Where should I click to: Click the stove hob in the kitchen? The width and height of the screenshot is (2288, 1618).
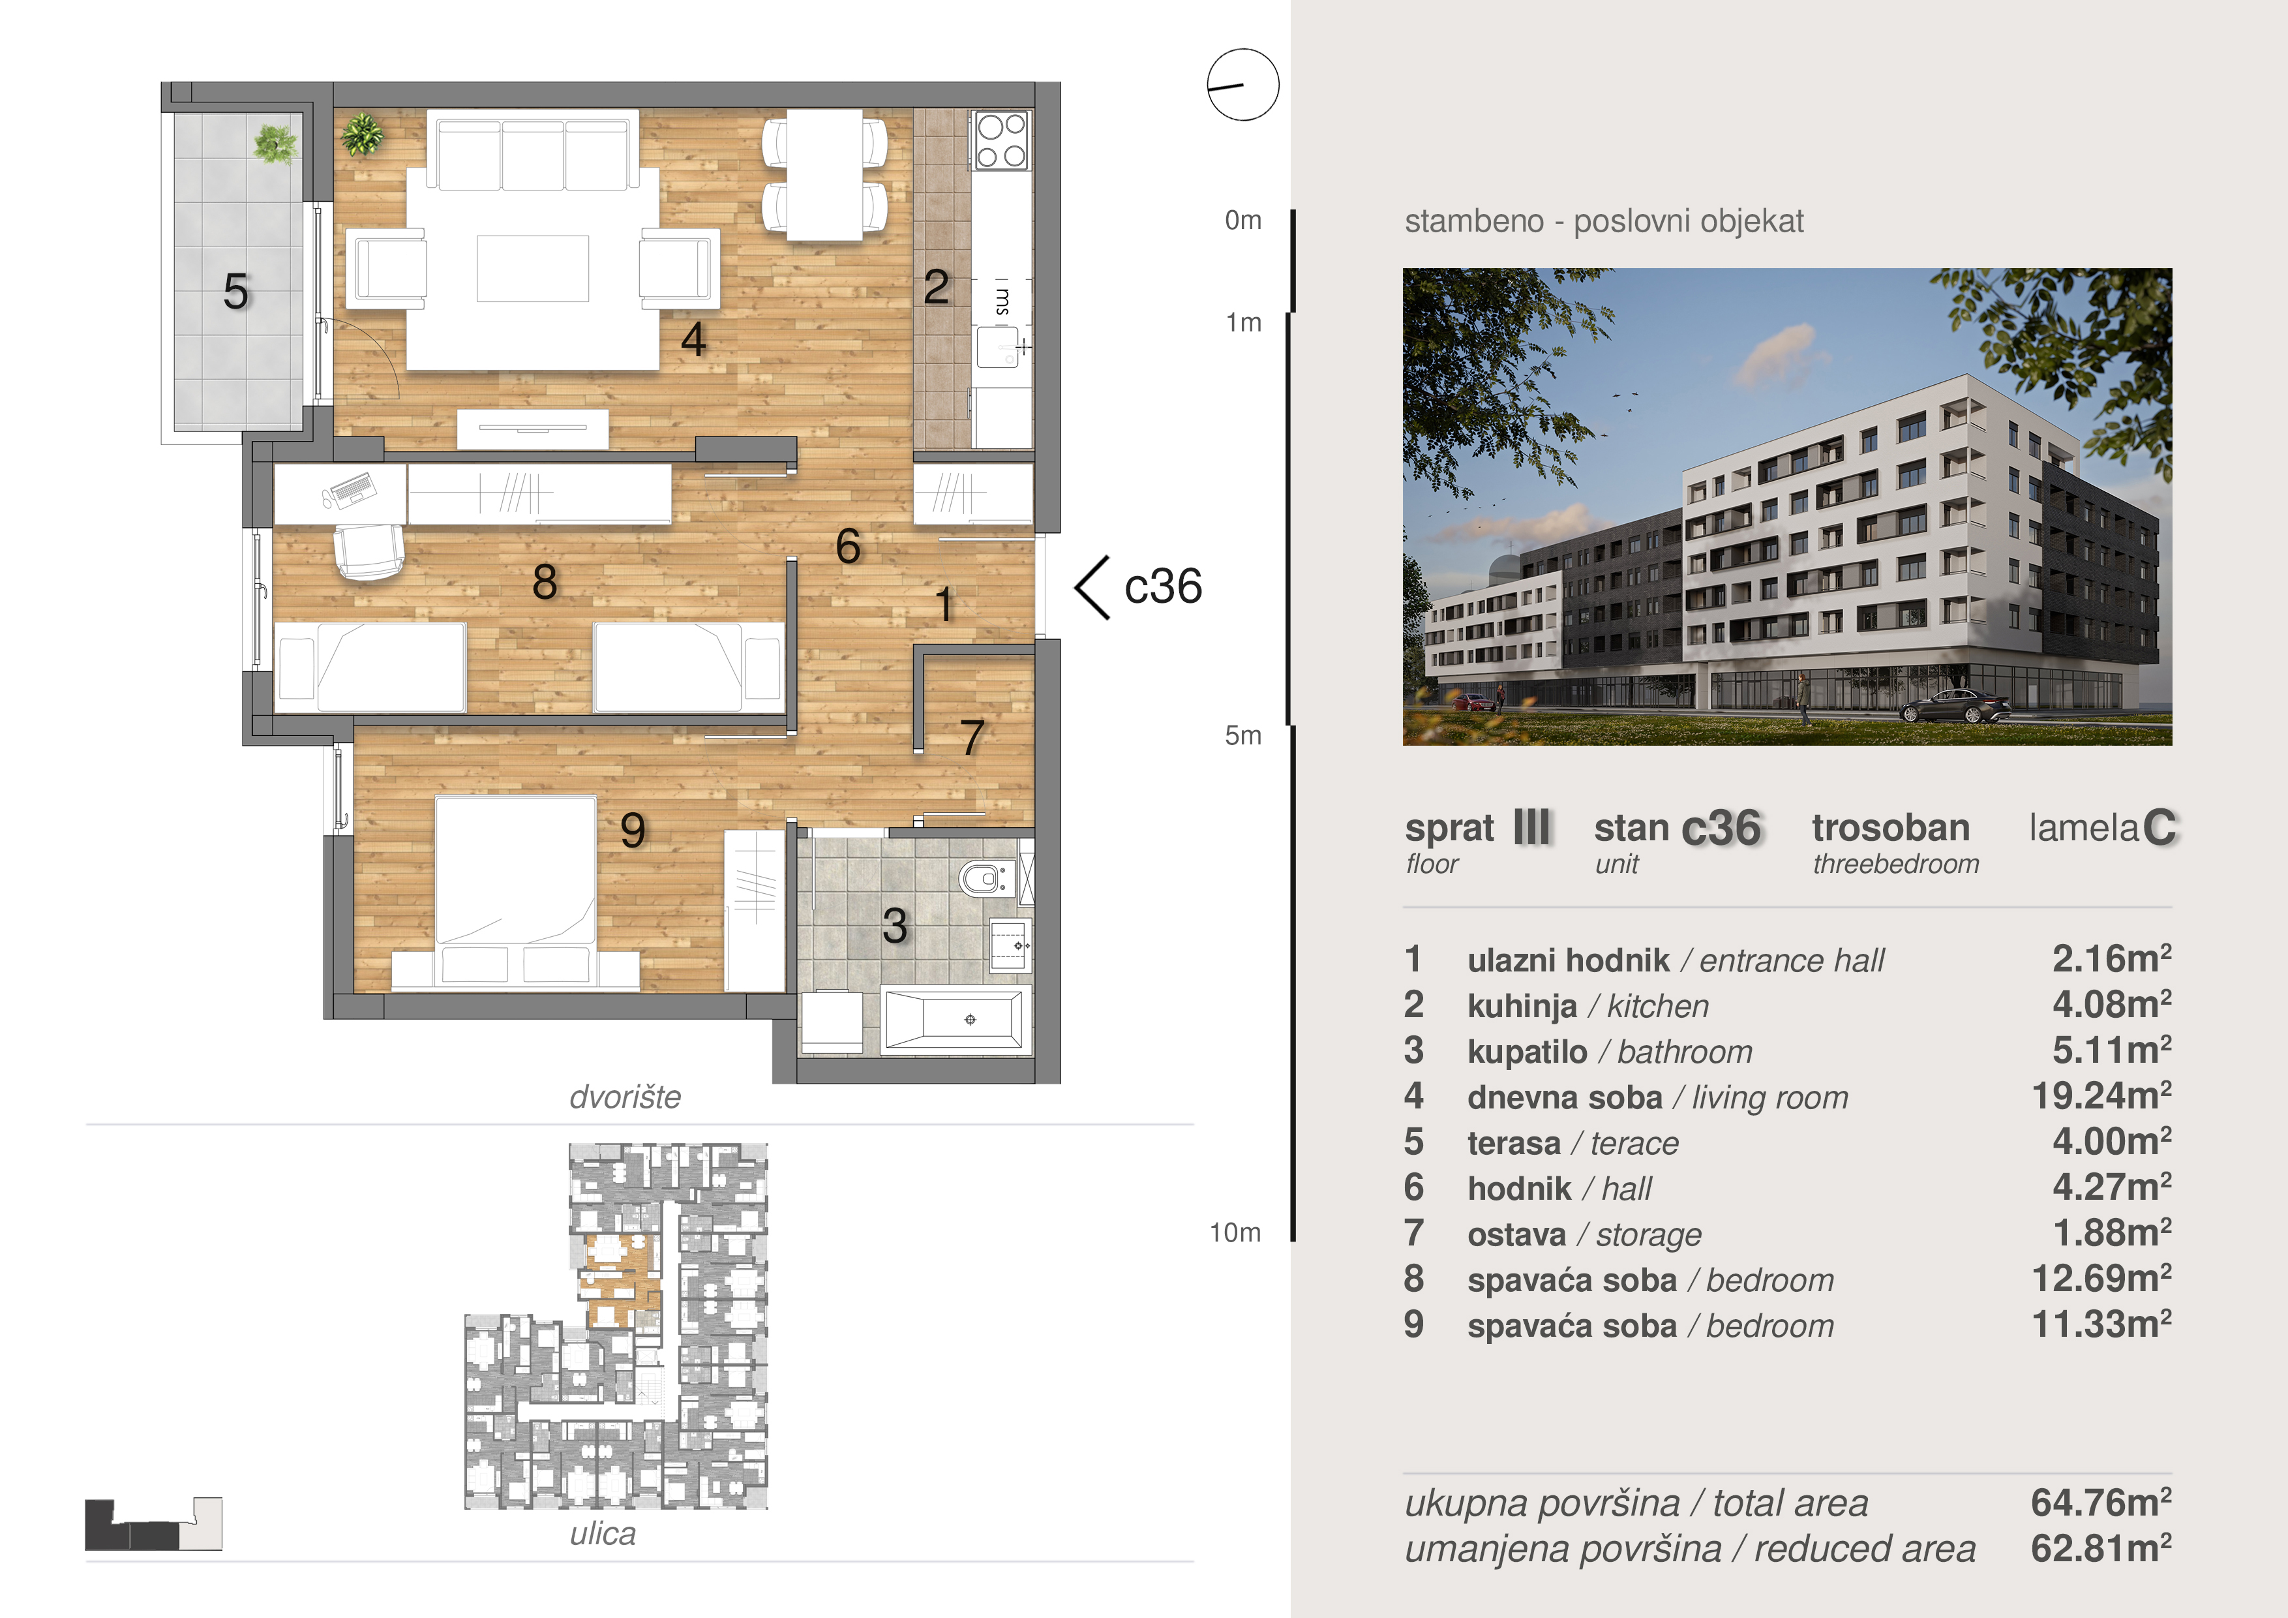tap(1002, 140)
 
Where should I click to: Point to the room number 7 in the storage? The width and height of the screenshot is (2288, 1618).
tap(972, 738)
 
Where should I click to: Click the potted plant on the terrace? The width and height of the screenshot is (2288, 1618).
tap(274, 145)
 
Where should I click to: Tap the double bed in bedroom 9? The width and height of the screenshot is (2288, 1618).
tap(515, 893)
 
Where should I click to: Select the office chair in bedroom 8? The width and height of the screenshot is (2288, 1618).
tap(369, 550)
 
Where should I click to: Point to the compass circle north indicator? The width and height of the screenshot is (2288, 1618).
tap(1242, 85)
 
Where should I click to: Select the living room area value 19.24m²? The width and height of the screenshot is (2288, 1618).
tap(2101, 1095)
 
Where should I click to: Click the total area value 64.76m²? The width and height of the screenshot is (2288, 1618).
tap(2101, 1503)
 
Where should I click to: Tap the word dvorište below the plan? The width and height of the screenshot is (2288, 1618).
tap(625, 1097)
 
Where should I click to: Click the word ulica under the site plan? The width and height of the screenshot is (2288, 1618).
tap(603, 1533)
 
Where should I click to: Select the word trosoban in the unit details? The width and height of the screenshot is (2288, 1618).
tap(1890, 827)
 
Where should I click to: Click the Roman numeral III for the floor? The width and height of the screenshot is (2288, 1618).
tap(1531, 827)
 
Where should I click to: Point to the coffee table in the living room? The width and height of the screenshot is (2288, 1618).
tap(532, 268)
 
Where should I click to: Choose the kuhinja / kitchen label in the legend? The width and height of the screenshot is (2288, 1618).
tap(1588, 1006)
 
